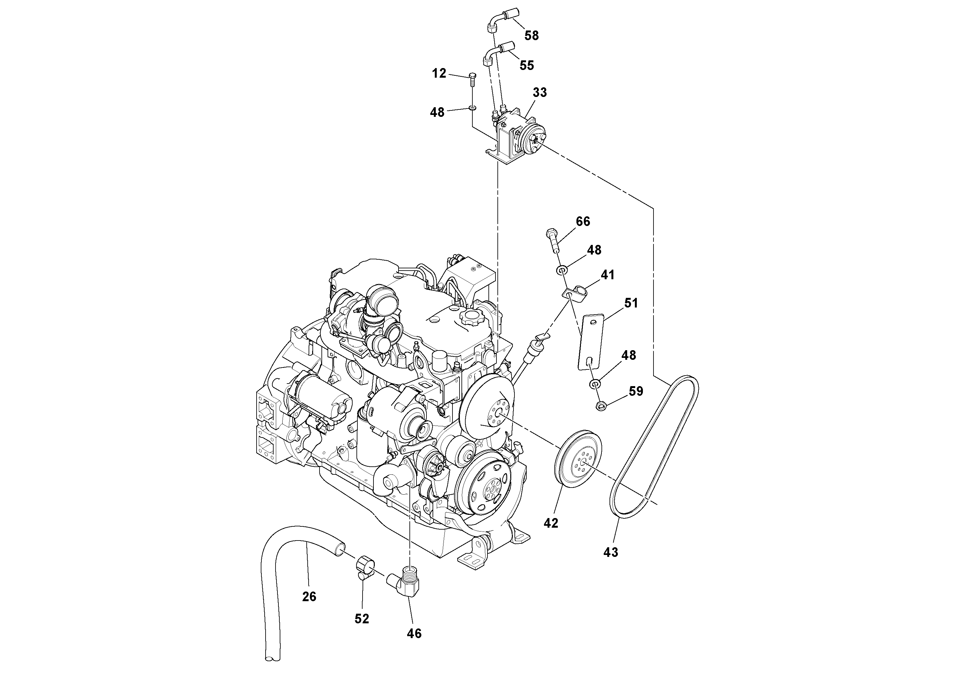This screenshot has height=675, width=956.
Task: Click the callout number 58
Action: (x=531, y=36)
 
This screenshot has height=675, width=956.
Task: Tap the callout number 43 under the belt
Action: (x=611, y=552)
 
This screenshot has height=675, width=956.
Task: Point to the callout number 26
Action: (x=309, y=597)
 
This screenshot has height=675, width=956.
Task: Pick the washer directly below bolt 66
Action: (x=562, y=271)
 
